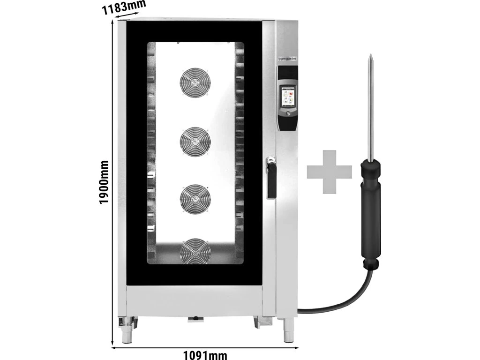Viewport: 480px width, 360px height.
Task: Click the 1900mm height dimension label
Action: pyautogui.click(x=104, y=182)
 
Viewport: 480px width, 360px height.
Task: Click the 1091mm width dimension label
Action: pyautogui.click(x=204, y=355)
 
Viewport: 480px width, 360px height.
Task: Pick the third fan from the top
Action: pyautogui.click(x=195, y=197)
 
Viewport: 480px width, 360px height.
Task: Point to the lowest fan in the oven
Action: pyautogui.click(x=195, y=249)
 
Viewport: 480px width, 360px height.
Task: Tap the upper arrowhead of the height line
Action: pyautogui.click(x=112, y=22)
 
